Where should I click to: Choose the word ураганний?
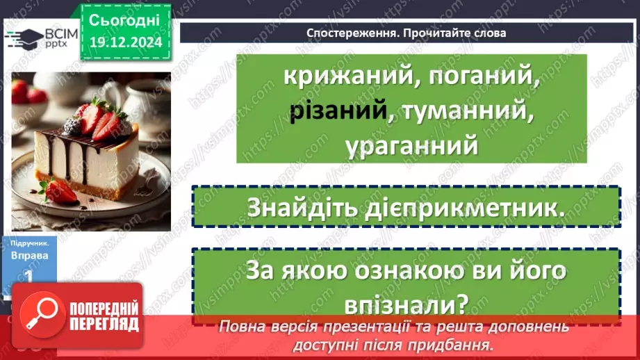(x=411, y=146)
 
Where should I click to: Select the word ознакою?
(x=391, y=270)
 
